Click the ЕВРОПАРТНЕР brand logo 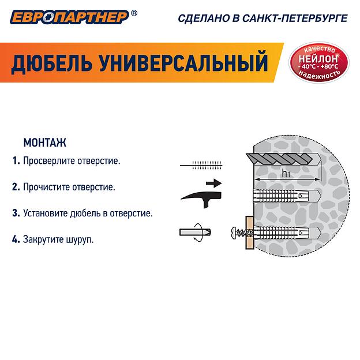tap(67, 17)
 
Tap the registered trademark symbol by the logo tap(134, 12)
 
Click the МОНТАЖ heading tap(44, 141)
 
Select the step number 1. tap(16, 160)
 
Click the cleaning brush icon tap(202, 164)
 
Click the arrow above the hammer tap(213, 183)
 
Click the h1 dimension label tap(286, 173)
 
